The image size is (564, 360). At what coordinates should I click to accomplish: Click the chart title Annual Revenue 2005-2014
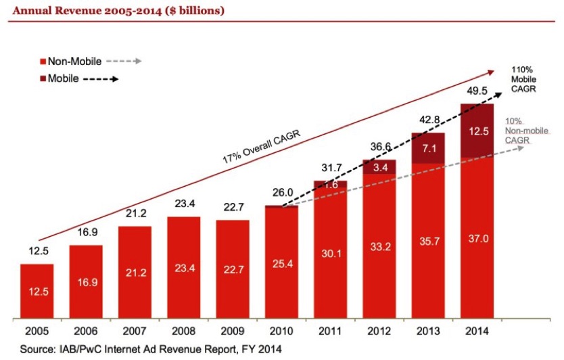click(x=116, y=11)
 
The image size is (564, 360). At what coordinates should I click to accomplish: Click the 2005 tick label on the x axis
click(x=37, y=333)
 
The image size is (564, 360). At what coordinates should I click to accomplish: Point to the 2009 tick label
click(x=232, y=333)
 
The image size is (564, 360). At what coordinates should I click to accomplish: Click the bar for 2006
click(x=86, y=281)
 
